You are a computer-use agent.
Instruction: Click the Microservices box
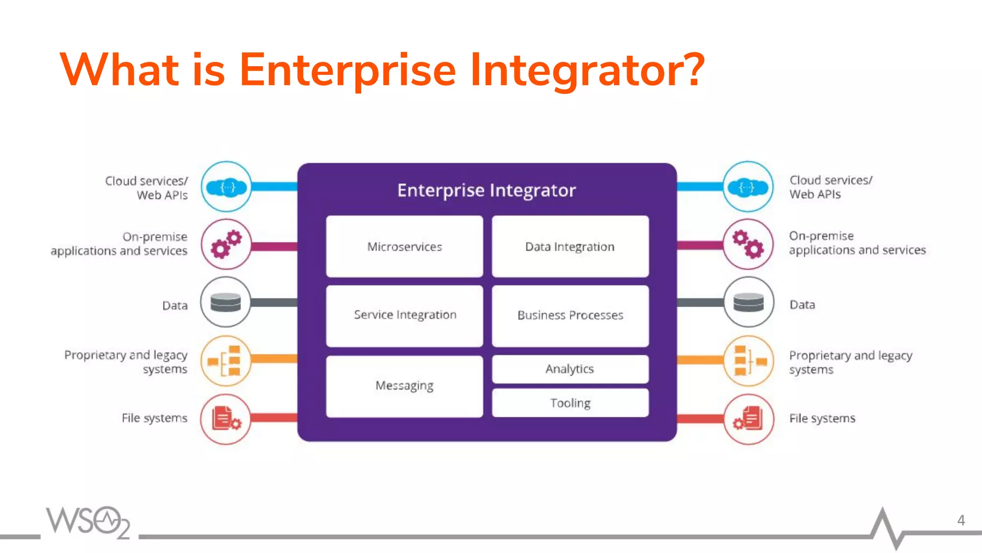[x=404, y=246]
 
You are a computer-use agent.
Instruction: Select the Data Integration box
[x=570, y=246]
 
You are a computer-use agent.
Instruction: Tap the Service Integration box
[x=404, y=315]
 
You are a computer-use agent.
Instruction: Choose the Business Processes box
[x=570, y=315]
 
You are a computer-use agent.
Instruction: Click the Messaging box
[x=404, y=386]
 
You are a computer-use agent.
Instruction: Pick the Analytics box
[x=570, y=369]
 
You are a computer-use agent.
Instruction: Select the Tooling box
[x=570, y=403]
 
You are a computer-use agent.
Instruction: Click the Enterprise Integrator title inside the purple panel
[x=486, y=191]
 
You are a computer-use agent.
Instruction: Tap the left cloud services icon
[x=226, y=187]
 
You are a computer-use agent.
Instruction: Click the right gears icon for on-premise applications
[x=748, y=244]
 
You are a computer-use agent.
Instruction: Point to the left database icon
[x=226, y=302]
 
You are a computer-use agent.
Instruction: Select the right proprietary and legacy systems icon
[x=748, y=361]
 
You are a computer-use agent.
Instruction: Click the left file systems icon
[x=226, y=419]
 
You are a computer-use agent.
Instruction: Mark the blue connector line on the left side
[x=274, y=187]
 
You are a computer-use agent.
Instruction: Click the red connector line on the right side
[x=700, y=419]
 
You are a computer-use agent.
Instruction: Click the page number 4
[x=961, y=520]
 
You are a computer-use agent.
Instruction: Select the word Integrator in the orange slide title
[x=587, y=70]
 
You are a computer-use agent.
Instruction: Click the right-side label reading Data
[x=802, y=305]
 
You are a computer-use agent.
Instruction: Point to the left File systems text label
[x=154, y=418]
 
